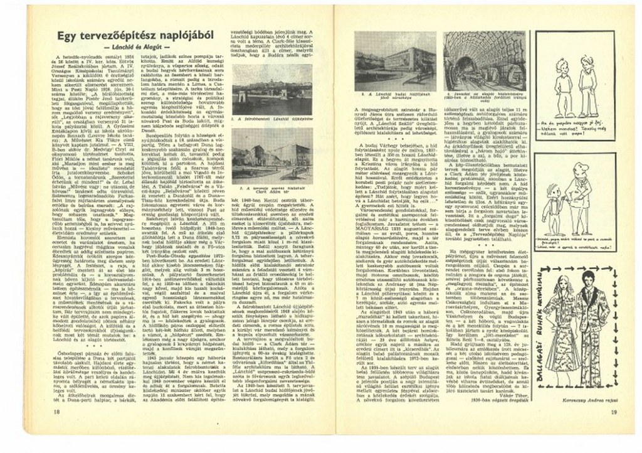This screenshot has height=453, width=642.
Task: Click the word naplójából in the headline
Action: point(182,36)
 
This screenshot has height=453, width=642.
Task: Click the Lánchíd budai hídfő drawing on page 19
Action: point(395,60)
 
